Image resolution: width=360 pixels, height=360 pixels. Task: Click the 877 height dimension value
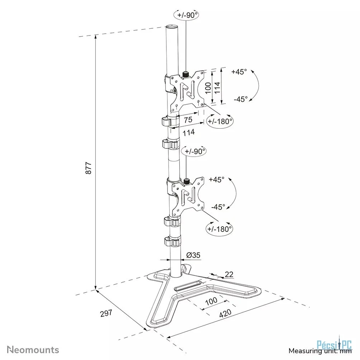click(89, 168)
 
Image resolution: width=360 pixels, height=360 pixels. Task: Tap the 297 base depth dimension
click(106, 313)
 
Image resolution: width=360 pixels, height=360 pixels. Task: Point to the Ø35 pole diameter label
click(193, 255)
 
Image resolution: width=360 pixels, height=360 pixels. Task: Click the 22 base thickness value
click(229, 274)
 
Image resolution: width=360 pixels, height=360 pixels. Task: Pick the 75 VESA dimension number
click(188, 120)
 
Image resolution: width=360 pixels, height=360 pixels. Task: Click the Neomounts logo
click(33, 350)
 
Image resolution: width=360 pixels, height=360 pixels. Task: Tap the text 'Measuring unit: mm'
click(320, 351)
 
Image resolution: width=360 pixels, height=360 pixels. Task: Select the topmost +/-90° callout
click(187, 15)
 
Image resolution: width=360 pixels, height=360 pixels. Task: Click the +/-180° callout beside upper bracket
click(220, 121)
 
